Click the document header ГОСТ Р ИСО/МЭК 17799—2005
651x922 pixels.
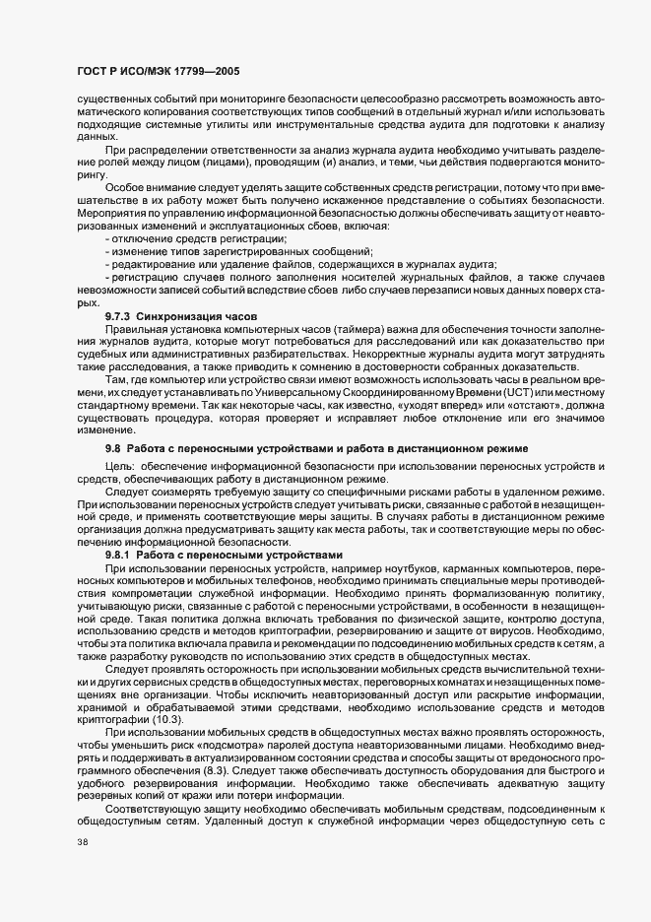[x=159, y=72]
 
